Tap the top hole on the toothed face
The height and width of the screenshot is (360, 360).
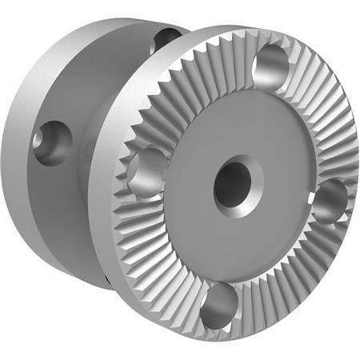(272, 64)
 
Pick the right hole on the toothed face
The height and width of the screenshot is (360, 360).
(329, 200)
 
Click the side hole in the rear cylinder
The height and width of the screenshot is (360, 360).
(53, 142)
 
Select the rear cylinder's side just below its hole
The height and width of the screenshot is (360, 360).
(56, 192)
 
